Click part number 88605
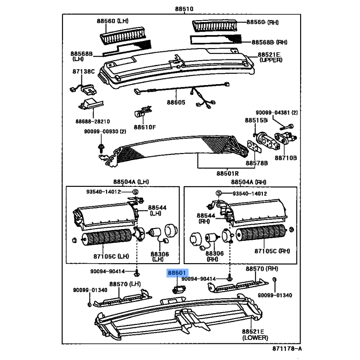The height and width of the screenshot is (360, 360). (176, 103)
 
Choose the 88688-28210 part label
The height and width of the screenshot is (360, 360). (93, 121)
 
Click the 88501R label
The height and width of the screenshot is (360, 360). (227, 173)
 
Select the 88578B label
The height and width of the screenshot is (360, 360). (257, 163)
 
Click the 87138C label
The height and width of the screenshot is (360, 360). (83, 71)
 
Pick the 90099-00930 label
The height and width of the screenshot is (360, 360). (104, 131)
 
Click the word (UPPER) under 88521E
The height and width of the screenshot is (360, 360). (271, 60)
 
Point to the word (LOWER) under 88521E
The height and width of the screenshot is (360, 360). (255, 337)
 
